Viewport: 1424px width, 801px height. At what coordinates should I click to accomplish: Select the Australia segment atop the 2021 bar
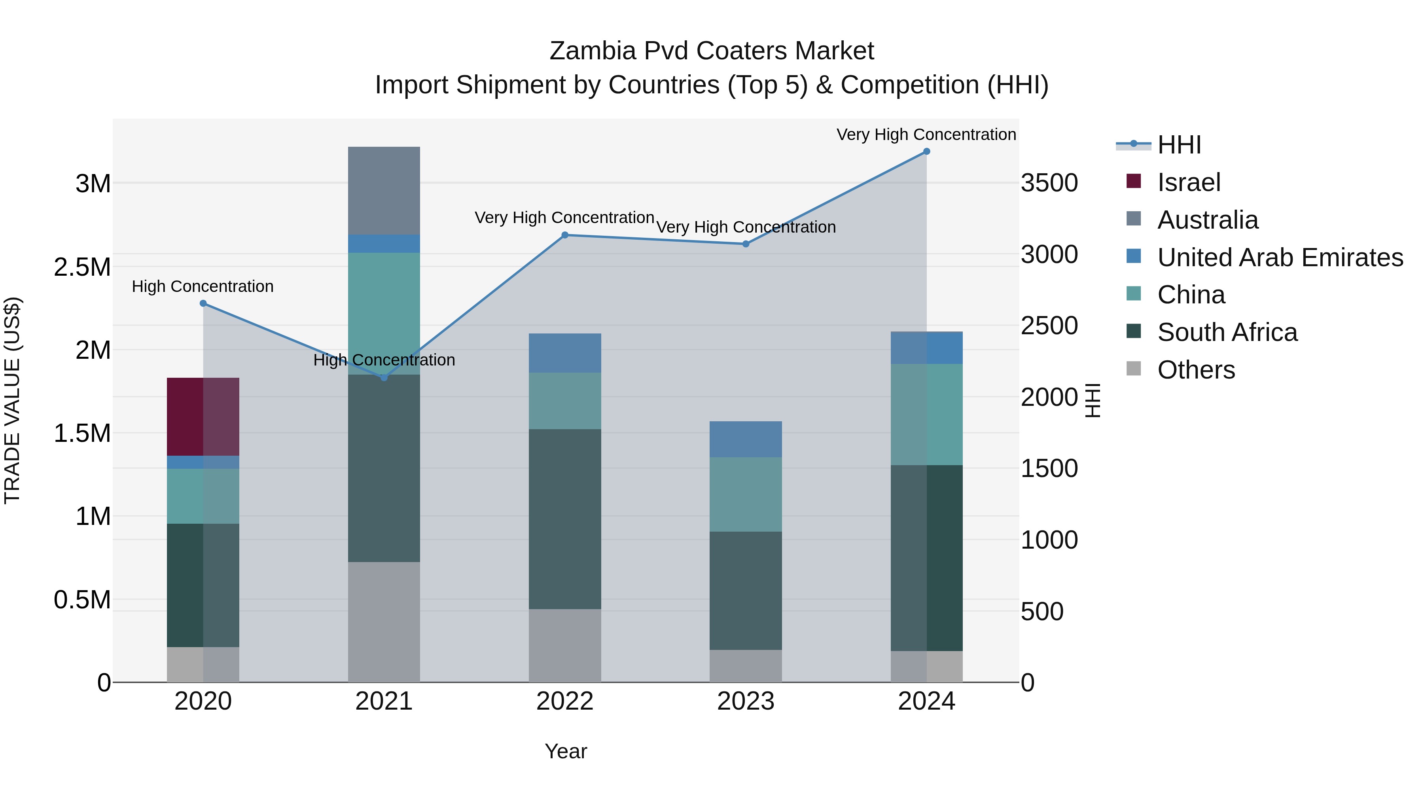tap(384, 190)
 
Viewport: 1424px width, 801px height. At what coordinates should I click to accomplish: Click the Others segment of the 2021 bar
tap(384, 622)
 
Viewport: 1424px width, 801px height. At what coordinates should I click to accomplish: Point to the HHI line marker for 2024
tap(926, 151)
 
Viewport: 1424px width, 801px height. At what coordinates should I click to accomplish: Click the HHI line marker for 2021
tap(384, 378)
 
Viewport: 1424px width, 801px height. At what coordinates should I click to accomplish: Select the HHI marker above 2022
tap(564, 235)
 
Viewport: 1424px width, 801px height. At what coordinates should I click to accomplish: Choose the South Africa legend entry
tap(1227, 332)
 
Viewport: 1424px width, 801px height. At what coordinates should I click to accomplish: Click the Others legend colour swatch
tap(1133, 368)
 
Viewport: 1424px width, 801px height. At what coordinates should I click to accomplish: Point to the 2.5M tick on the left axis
tap(82, 267)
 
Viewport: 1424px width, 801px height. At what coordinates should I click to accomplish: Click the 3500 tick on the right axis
tap(1049, 183)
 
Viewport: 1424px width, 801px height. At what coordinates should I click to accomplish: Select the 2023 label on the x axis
tap(745, 701)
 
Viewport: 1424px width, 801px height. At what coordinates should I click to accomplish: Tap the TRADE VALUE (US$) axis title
tap(12, 400)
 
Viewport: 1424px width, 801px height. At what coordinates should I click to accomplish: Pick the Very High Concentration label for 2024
tap(926, 134)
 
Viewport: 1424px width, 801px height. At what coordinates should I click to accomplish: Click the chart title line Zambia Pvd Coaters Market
tap(712, 51)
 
